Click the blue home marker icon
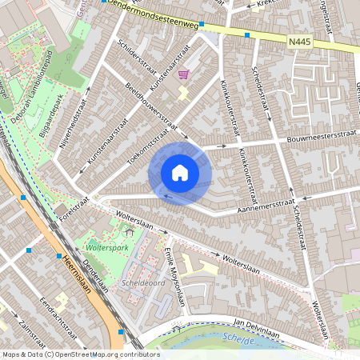[180, 173]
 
